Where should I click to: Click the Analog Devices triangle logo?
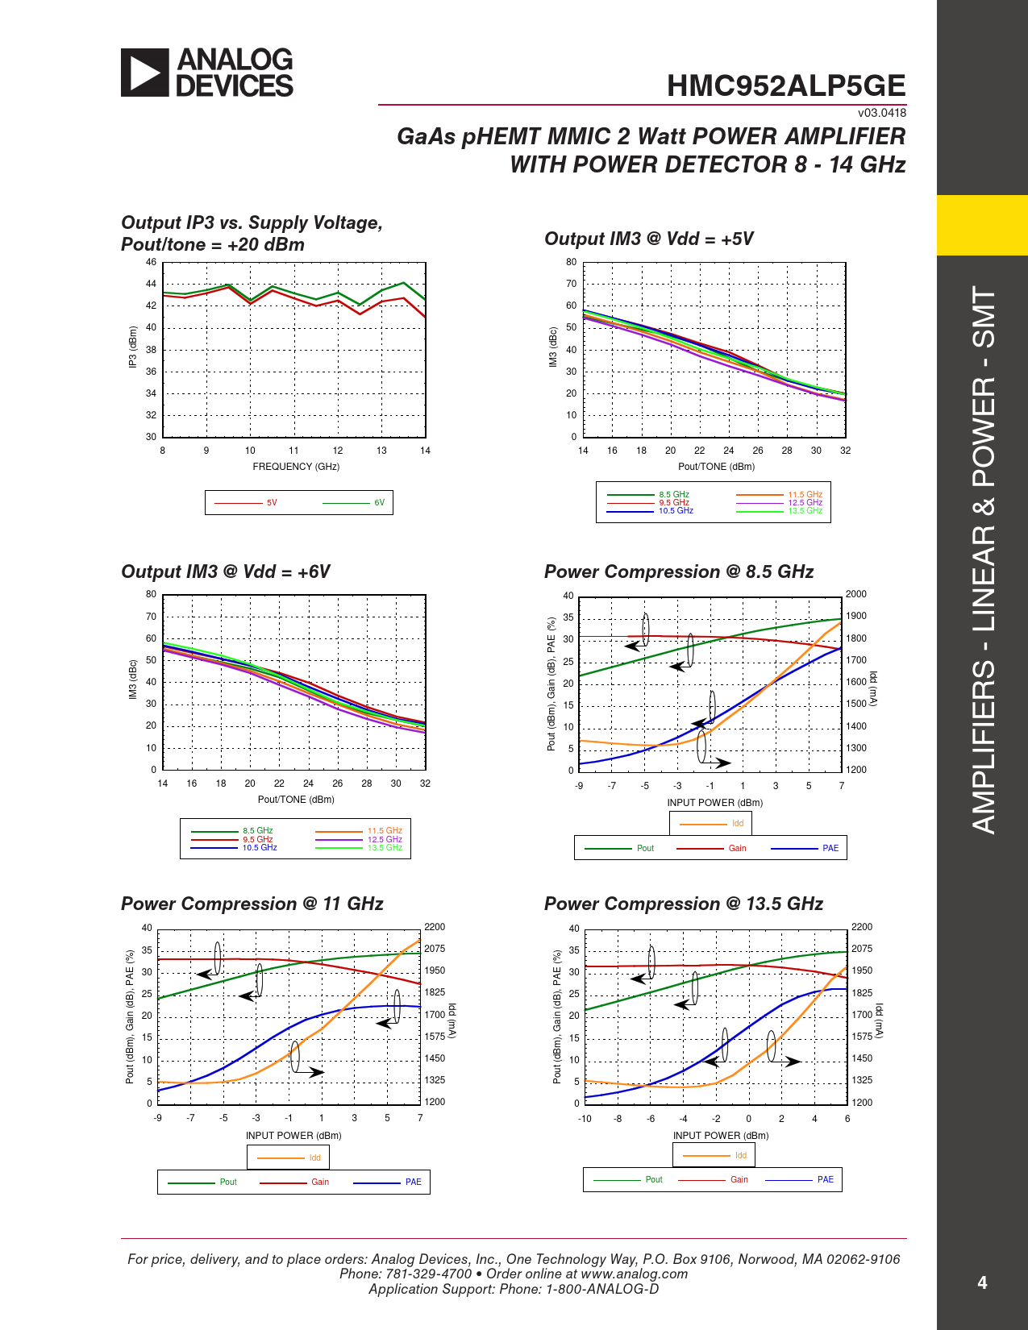[x=145, y=73]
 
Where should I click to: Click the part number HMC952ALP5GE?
[x=786, y=86]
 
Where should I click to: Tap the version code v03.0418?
[x=881, y=113]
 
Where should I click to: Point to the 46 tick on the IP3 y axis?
[x=151, y=263]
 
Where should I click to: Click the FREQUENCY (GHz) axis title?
[x=296, y=467]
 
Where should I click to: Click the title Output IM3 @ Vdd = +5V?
[x=649, y=239]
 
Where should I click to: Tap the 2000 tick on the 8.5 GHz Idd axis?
[x=856, y=594]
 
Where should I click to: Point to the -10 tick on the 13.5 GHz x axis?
[x=585, y=1119]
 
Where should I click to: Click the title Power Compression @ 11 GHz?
[x=252, y=904]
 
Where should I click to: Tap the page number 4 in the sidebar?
[x=982, y=1282]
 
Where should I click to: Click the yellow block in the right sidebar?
[x=982, y=225]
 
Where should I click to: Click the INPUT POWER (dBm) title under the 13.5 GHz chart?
[x=721, y=1136]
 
